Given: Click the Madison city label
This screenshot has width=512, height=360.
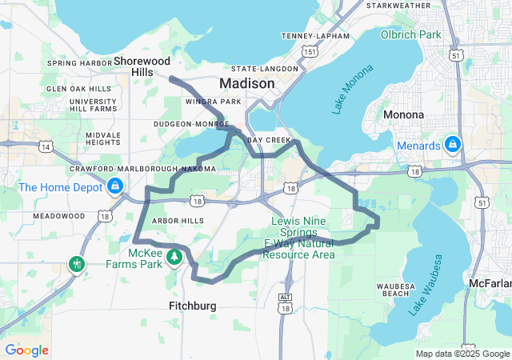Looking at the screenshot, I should (x=247, y=84).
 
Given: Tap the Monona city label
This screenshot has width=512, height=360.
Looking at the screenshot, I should (x=403, y=114).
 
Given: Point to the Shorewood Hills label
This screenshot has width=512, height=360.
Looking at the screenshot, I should (x=142, y=66).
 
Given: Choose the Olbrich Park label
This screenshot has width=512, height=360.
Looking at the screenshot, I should (x=410, y=35).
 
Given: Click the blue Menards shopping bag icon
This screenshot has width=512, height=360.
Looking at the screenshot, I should (x=452, y=145).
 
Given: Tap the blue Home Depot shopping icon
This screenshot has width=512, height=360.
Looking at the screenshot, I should (x=115, y=187).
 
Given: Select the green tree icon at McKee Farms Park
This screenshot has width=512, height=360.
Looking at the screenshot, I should (x=174, y=256).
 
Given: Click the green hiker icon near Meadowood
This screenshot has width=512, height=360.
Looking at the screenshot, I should (x=77, y=263).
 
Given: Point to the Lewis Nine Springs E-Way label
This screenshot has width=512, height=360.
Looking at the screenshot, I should (x=299, y=238).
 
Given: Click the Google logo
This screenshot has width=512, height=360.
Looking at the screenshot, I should (x=26, y=350).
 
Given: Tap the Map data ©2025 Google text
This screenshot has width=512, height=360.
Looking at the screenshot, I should (x=462, y=354).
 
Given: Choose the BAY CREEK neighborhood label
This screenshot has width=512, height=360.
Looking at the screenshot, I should (x=268, y=139).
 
